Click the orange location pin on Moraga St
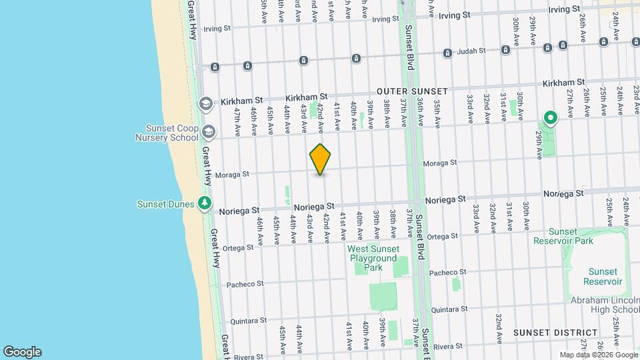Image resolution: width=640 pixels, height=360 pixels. (321, 159)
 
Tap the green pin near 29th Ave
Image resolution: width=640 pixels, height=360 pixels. (551, 119)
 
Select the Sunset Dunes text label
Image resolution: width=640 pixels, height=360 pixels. (166, 204)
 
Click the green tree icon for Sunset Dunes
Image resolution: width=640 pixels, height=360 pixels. (206, 203)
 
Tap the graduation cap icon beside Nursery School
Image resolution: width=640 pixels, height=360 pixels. (209, 132)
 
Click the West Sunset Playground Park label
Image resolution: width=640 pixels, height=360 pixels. (373, 258)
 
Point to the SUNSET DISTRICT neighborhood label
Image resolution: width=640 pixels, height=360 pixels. (555, 332)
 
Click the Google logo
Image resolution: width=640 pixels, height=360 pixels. (22, 351)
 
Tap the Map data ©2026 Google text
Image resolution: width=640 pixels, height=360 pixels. (598, 355)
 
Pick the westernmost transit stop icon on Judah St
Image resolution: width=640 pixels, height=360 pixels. (215, 67)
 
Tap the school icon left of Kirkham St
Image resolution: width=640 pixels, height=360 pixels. (206, 103)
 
